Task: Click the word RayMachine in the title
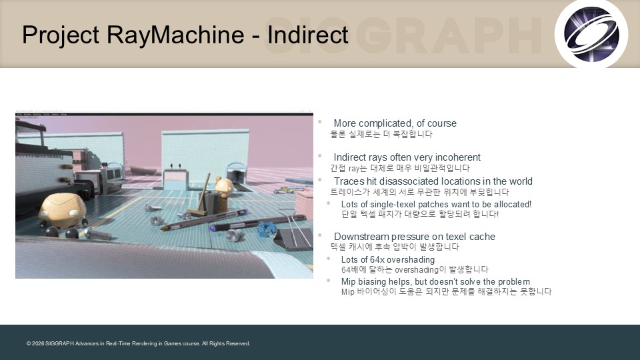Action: [x=175, y=34]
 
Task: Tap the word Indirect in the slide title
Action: [x=308, y=34]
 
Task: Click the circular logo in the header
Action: [x=591, y=34]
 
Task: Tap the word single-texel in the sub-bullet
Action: [x=393, y=204]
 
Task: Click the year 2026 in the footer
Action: [x=37, y=344]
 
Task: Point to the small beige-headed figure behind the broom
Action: [x=224, y=192]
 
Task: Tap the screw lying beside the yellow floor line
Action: [x=98, y=234]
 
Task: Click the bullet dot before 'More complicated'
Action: [x=320, y=121]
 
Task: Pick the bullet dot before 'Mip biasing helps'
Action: [x=328, y=281]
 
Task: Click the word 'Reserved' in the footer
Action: [x=237, y=344]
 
